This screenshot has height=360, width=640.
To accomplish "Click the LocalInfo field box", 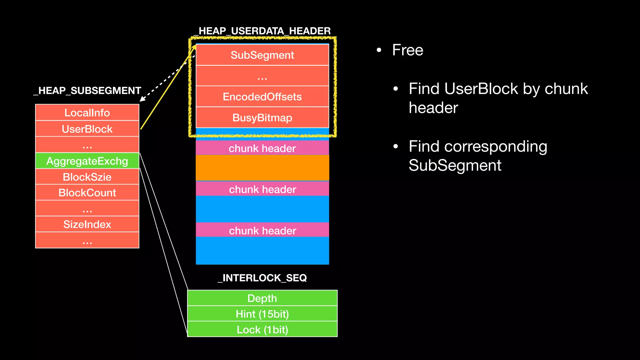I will pos(87,112).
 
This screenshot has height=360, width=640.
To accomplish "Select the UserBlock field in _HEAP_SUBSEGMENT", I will pos(87,129).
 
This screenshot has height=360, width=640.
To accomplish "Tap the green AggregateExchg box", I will pos(87,161).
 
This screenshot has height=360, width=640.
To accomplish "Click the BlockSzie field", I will pos(87,177).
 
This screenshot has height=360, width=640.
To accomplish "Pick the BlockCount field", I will pos(87,192).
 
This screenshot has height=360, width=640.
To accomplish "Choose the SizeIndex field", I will pos(87,224).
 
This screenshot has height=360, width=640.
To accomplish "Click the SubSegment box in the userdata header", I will pos(262,55).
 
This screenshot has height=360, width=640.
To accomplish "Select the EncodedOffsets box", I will pos(262,97).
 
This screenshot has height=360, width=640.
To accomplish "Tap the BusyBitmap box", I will pos(262,117).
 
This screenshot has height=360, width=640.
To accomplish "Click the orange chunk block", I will pos(262,168).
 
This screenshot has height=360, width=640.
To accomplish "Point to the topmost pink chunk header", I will pos(262,148).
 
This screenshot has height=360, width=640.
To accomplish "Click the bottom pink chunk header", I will pos(262,230).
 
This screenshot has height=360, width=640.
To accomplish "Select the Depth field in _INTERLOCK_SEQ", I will pos(262,298).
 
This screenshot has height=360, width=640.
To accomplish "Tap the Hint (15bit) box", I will pos(262,314).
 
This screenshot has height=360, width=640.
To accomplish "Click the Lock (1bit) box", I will pos(262,329).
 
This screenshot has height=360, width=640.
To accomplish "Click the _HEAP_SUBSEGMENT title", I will pos(87,90).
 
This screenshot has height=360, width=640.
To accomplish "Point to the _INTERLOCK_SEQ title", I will pos(262,277).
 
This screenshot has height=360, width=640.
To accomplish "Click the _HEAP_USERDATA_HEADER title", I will pos(262,31).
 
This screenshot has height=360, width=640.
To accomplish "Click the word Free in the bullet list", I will pos(407,50).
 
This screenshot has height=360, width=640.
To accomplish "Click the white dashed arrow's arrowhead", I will pos(142,99).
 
